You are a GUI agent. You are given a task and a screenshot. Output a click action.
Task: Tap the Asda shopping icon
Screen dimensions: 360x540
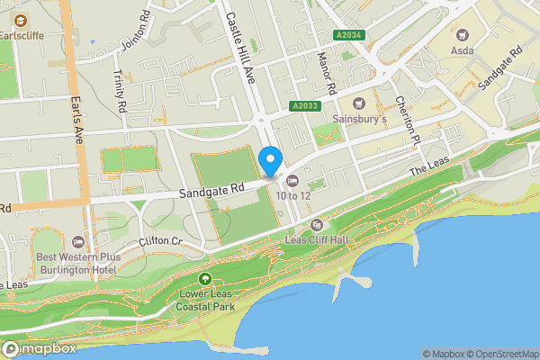pos(464,35)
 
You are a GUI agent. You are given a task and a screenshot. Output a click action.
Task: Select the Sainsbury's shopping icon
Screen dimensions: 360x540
pos(359,103)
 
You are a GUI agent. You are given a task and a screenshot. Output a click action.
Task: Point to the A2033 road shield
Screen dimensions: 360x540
pos(305,106)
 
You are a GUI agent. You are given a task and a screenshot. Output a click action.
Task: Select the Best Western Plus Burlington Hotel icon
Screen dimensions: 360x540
pos(77,242)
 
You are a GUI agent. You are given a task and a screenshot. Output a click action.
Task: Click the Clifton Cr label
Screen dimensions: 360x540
pos(161,242)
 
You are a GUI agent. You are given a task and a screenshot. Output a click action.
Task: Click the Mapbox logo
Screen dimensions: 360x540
pos(40,348)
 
